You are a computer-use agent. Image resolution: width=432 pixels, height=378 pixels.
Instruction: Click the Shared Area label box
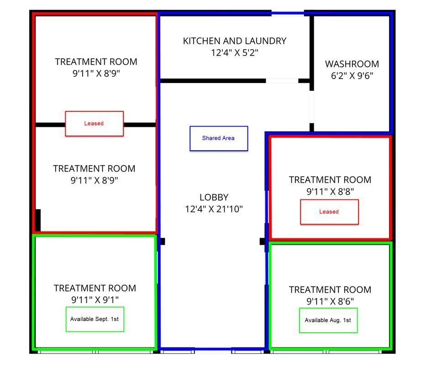tap(219, 139)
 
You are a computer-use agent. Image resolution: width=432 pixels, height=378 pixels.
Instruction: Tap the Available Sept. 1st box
tap(95, 319)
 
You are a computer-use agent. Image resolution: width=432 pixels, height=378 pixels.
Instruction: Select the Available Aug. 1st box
tap(328, 320)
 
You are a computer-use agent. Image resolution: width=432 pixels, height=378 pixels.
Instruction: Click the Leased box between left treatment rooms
tap(94, 124)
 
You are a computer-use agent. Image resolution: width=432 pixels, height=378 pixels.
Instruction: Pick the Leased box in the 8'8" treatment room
tap(329, 212)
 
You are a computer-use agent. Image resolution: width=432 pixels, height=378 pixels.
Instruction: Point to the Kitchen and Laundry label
tap(235, 41)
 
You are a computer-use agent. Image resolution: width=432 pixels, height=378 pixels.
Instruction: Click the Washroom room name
tap(352, 64)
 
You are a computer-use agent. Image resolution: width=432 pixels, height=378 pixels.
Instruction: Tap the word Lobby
tap(214, 197)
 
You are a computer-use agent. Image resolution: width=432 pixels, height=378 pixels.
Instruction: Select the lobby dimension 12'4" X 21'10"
tap(214, 209)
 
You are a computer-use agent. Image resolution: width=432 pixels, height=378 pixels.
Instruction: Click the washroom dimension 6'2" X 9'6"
tap(352, 76)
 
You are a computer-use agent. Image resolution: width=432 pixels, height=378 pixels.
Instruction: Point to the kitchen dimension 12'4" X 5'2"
tap(235, 52)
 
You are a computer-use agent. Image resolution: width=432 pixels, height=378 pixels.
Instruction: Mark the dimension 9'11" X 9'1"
tap(95, 300)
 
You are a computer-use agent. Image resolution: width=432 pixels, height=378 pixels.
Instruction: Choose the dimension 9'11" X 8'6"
tap(330, 301)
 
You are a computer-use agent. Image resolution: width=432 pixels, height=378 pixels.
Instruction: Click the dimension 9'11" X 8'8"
tap(330, 191)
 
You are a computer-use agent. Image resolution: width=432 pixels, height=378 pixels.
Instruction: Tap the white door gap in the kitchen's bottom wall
tap(282, 81)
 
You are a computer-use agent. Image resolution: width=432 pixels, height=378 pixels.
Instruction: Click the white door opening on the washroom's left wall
tap(311, 107)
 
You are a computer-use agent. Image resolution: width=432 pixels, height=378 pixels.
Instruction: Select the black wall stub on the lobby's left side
tap(163, 241)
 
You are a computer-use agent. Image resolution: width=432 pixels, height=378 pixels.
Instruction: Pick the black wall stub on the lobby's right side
tap(262, 241)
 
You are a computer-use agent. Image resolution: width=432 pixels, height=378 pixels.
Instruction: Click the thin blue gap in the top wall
tap(288, 13)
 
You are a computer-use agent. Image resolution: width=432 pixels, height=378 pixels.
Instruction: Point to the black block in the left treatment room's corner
tap(38, 220)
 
